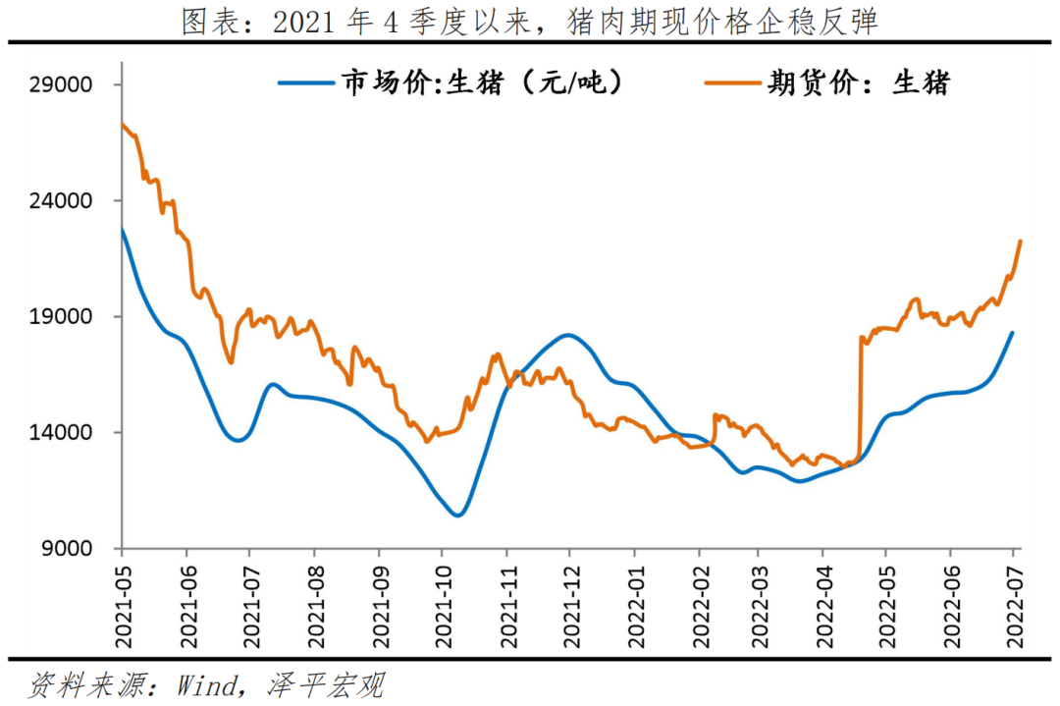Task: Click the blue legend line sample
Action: (x=306, y=83)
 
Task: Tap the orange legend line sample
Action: (x=733, y=83)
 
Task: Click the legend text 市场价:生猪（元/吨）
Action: (x=481, y=83)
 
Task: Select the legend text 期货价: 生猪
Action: (x=859, y=83)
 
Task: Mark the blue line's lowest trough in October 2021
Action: (x=457, y=515)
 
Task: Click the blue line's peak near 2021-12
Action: (x=568, y=335)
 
